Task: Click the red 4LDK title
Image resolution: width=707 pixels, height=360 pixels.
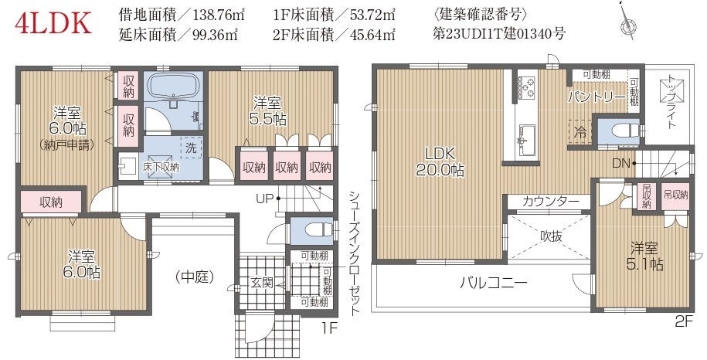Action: pos(53,24)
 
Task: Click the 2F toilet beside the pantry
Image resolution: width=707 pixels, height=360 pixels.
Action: pos(623,131)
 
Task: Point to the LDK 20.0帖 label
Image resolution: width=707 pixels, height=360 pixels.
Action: pos(440,161)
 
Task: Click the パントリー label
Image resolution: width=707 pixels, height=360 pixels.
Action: pos(596,97)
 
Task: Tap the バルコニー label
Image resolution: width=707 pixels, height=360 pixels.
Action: pos(493,283)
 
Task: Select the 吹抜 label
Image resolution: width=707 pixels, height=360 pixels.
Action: pos(551,236)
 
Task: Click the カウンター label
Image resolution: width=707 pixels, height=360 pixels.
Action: pos(550,202)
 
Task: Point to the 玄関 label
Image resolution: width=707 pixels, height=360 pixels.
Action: pos(261,283)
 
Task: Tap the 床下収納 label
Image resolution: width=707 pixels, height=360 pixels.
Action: pos(161,167)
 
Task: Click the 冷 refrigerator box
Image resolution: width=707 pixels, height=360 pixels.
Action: pos(580,131)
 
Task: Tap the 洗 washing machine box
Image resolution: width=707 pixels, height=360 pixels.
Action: pos(191,147)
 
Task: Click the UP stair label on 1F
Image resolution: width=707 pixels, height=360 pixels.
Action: pos(266,199)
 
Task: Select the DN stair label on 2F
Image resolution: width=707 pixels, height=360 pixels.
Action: pos(620,163)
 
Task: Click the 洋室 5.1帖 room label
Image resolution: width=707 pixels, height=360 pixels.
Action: pos(644,256)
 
